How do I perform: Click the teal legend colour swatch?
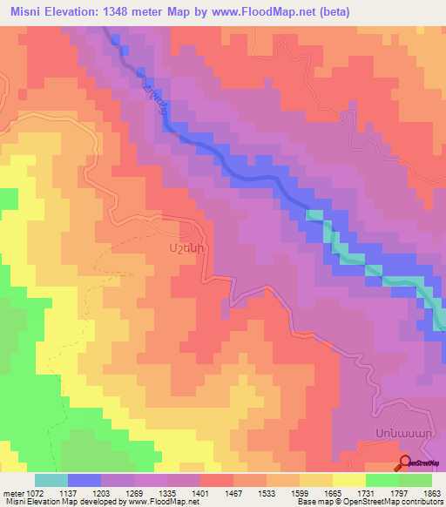point(51,479)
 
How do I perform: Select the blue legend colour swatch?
point(84,479)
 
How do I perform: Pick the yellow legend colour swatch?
point(349,479)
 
